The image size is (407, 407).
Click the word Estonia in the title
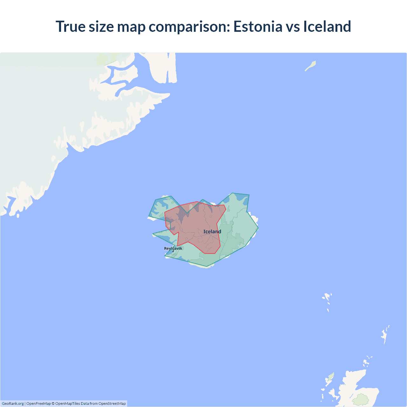click(x=258, y=26)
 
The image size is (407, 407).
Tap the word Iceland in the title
click(x=327, y=26)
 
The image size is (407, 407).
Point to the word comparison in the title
click(x=189, y=26)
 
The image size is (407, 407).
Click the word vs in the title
click(x=293, y=26)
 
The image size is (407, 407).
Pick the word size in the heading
click(x=101, y=26)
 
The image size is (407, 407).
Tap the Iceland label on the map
click(x=212, y=231)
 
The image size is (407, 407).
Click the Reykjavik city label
click(x=173, y=248)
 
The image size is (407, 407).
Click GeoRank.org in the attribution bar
click(x=13, y=404)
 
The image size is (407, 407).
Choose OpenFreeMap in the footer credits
click(x=38, y=404)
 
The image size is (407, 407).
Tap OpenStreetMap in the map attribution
click(x=112, y=404)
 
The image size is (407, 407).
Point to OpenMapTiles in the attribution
click(x=67, y=404)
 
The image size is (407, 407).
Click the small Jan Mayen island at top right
click(x=310, y=66)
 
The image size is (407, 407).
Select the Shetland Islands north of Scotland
click(x=385, y=335)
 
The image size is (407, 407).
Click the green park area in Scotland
click(x=361, y=399)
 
